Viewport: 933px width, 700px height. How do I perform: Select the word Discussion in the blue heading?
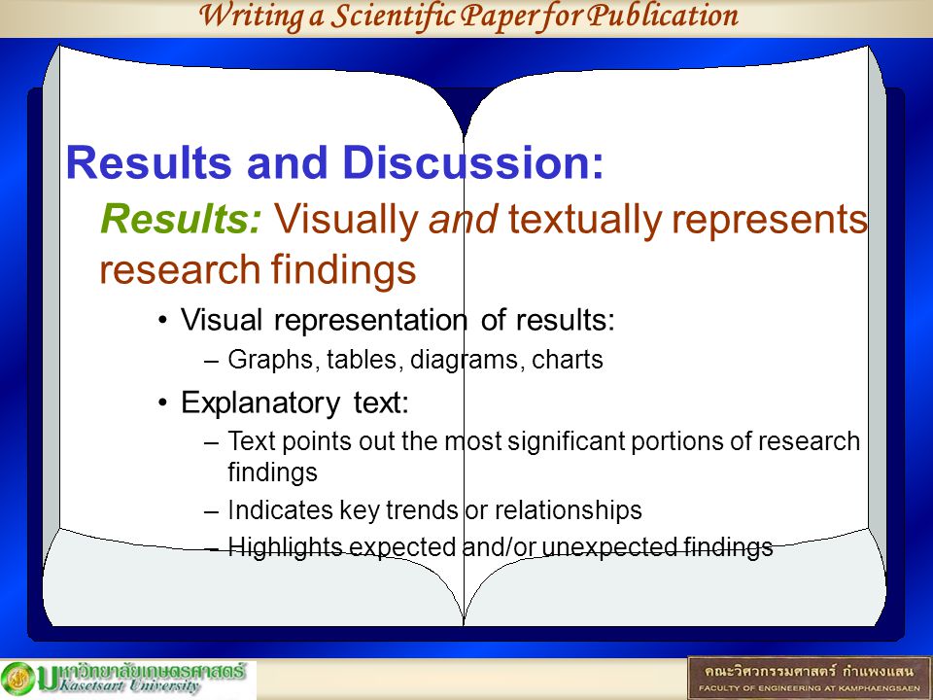(x=473, y=162)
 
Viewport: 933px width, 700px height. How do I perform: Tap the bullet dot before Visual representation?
(x=163, y=321)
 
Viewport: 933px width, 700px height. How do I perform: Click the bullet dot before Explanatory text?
(x=163, y=403)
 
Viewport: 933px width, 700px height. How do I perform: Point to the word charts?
(x=567, y=360)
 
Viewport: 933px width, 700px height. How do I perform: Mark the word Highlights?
(x=285, y=547)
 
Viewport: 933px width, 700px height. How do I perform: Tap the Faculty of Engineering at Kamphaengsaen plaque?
(x=810, y=678)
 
